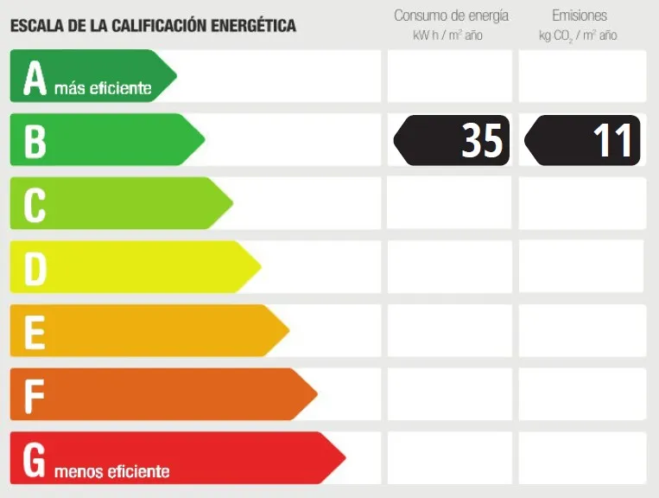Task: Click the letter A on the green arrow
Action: pos(35,77)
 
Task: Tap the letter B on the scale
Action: pos(35,141)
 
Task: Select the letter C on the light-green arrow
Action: pos(35,205)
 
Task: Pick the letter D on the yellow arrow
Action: pos(35,268)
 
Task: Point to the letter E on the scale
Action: pos(35,332)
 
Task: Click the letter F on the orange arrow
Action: pos(35,395)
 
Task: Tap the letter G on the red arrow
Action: pos(35,459)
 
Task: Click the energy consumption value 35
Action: pos(481,140)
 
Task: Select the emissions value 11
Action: pos(612,140)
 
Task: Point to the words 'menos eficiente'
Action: pos(111,471)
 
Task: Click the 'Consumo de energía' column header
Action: pos(451,16)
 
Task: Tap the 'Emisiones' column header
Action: pos(580,16)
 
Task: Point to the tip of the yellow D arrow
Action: pos(260,267)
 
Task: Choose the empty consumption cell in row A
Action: pos(449,76)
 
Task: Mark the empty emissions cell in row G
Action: pos(582,458)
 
